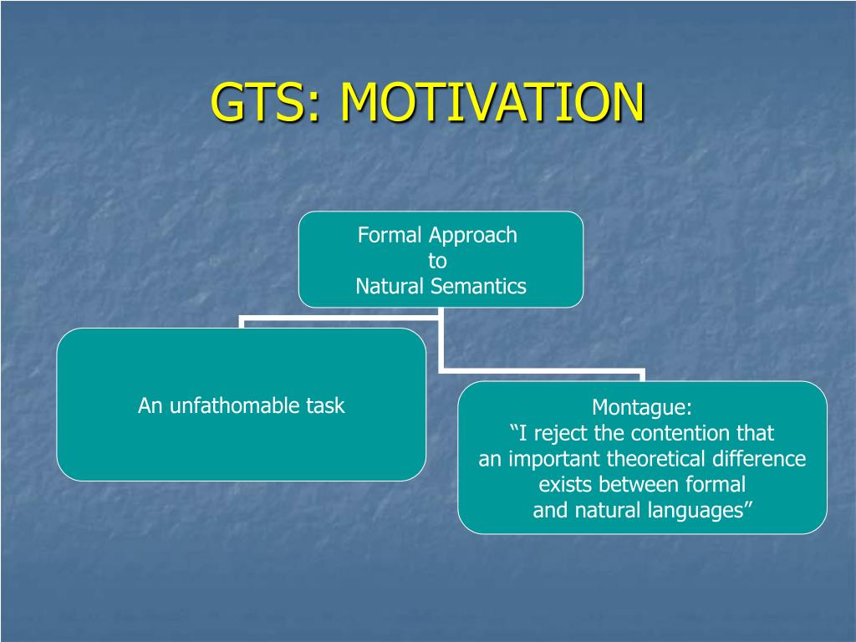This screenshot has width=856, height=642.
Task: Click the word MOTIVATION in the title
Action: (493, 102)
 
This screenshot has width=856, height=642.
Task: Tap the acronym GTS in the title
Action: (257, 102)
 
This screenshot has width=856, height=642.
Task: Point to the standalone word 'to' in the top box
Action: (438, 261)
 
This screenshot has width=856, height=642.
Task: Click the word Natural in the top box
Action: (390, 286)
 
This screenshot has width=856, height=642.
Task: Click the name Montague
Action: (642, 408)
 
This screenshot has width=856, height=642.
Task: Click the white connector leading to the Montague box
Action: (541, 371)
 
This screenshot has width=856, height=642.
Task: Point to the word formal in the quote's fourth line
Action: (716, 484)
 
